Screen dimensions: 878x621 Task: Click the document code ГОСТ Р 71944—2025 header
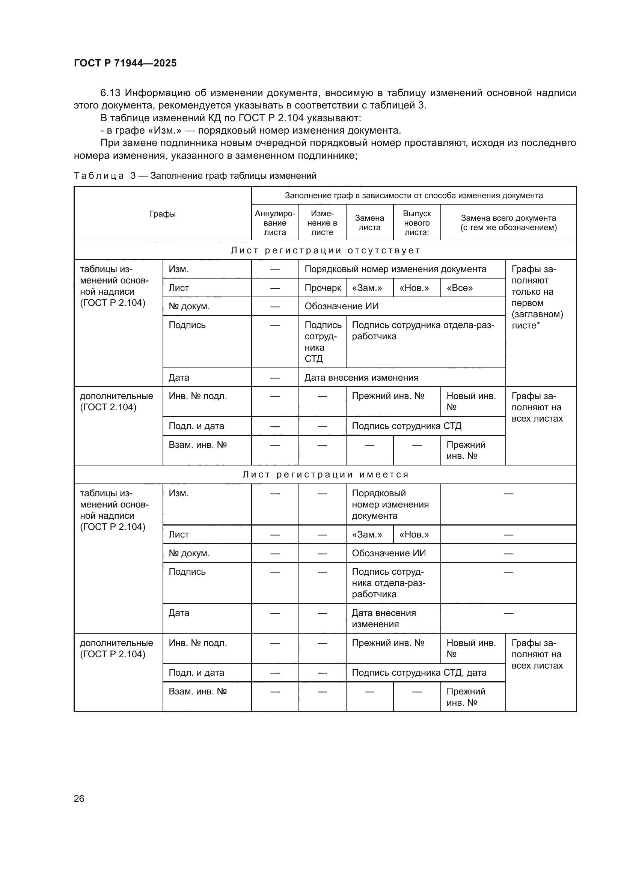pyautogui.click(x=125, y=63)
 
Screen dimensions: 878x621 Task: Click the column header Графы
pyautogui.click(x=163, y=214)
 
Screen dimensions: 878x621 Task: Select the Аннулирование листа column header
pyautogui.click(x=275, y=223)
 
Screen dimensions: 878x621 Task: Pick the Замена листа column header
pyautogui.click(x=369, y=223)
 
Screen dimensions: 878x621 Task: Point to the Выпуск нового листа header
pyautogui.click(x=417, y=223)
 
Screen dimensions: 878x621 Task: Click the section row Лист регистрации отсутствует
pyautogui.click(x=325, y=250)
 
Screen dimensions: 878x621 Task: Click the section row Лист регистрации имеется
pyautogui.click(x=325, y=474)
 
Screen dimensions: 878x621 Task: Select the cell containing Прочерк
pyautogui.click(x=323, y=288)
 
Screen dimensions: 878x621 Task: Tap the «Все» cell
pyautogui.click(x=460, y=288)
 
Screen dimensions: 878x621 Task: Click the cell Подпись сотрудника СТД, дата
pyautogui.click(x=419, y=673)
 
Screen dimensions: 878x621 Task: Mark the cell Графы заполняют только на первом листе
pyautogui.click(x=537, y=297)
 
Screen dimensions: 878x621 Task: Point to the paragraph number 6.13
pyautogui.click(x=110, y=93)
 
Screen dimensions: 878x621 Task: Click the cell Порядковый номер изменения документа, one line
pyautogui.click(x=395, y=269)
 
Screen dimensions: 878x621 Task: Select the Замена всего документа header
pyautogui.click(x=508, y=223)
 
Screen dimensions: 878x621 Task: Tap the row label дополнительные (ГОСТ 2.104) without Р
pyautogui.click(x=116, y=402)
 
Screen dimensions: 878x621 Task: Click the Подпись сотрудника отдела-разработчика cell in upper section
pyautogui.click(x=423, y=331)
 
